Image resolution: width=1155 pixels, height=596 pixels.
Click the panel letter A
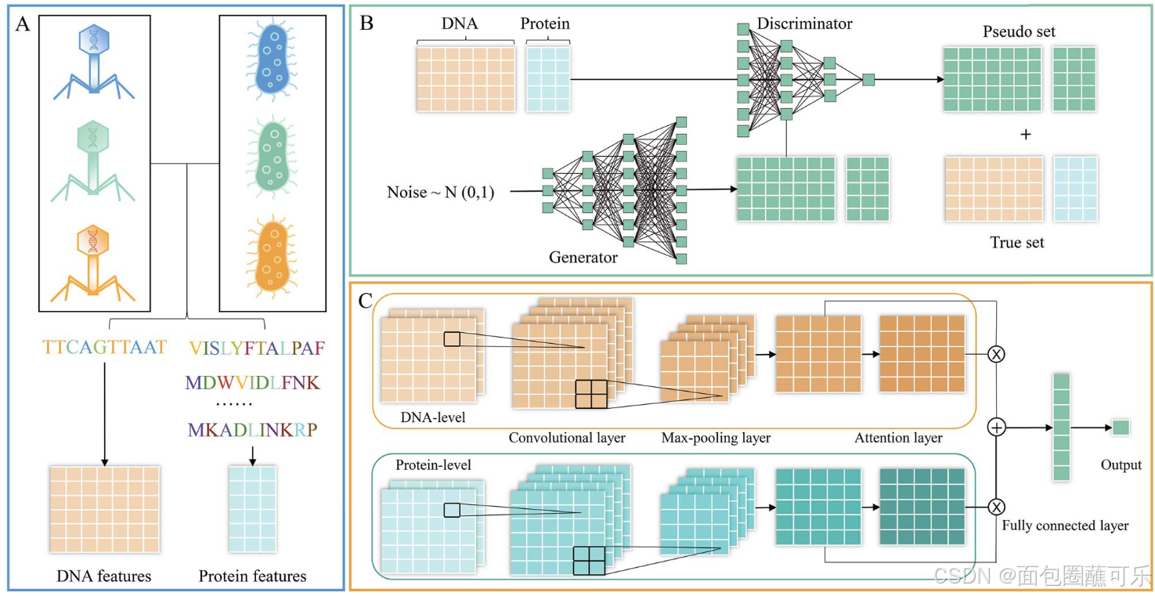tap(23, 24)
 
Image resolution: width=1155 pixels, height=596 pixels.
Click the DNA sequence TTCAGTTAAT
tap(105, 347)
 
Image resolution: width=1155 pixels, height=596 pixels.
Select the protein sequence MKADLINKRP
tap(252, 429)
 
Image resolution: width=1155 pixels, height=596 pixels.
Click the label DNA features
tap(104, 576)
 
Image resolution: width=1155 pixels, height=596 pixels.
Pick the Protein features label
tap(252, 576)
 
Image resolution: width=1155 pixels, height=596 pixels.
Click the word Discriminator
tap(804, 23)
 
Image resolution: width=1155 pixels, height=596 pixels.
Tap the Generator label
tap(583, 257)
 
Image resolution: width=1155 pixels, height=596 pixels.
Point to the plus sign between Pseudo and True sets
tap(1026, 135)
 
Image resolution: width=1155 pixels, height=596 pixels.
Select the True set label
tap(1017, 243)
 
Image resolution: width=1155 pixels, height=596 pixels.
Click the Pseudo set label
tap(1019, 32)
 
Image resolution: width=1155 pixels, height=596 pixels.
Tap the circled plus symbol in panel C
tap(997, 428)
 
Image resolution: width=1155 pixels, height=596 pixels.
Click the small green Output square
tap(1121, 428)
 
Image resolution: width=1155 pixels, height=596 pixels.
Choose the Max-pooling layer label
tap(716, 438)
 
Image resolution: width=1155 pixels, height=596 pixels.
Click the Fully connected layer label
tap(1065, 526)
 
